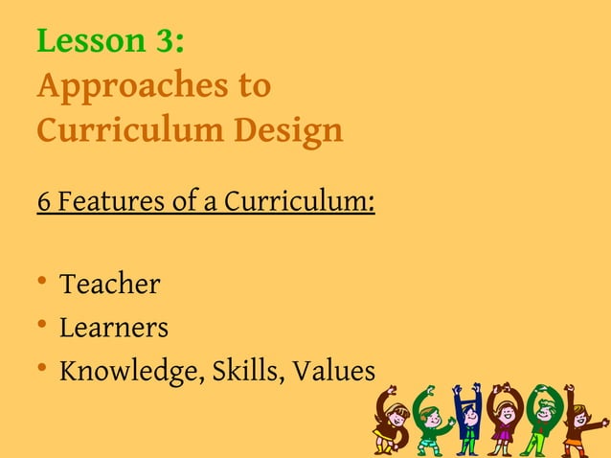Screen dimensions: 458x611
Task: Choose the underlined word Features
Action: coord(106,203)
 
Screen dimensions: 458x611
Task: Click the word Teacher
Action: coord(109,285)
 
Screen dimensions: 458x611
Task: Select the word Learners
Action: coord(114,328)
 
